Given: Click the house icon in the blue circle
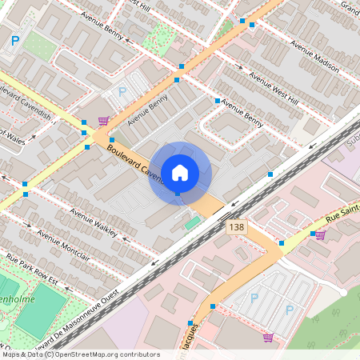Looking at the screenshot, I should tap(180, 172).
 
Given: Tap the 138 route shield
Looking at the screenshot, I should tap(236, 228).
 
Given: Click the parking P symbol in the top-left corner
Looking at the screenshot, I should tap(15, 42).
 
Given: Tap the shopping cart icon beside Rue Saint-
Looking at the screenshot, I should tap(320, 235).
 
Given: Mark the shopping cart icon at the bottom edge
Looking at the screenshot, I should tap(267, 338).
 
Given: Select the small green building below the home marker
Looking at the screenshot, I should tap(192, 222).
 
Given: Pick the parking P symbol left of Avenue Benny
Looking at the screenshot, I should tap(122, 92).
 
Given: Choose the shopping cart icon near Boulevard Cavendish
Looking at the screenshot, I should tap(103, 122).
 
